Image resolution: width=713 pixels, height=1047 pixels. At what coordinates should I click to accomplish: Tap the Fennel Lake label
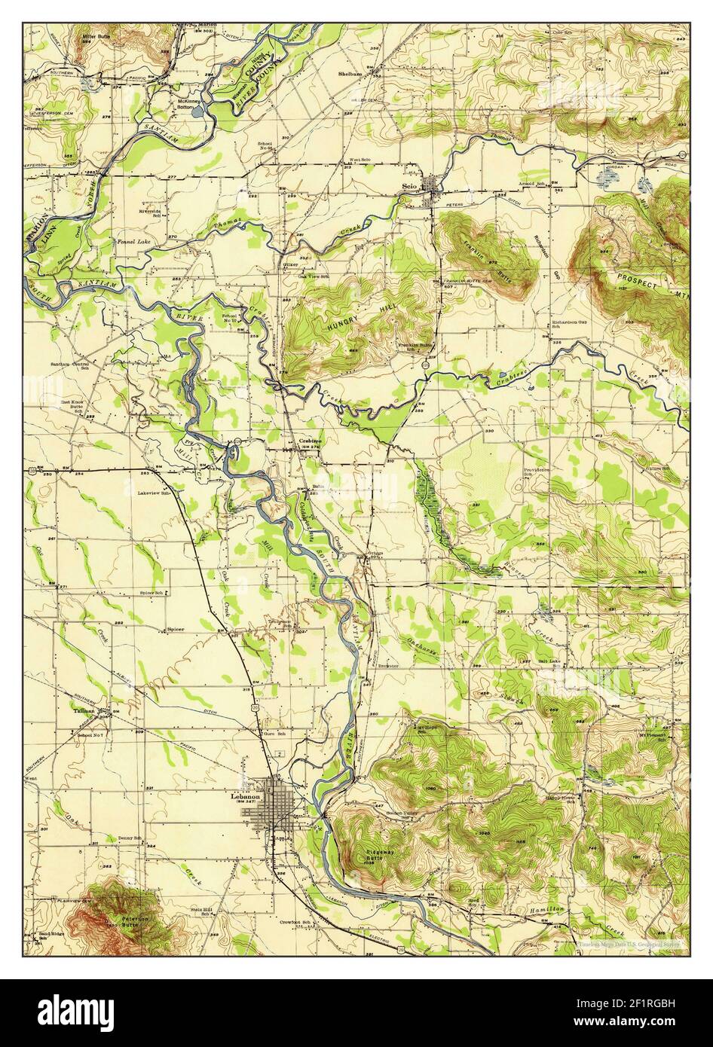pos(127,242)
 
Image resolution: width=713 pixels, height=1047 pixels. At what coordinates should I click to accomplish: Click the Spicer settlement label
pos(176,628)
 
